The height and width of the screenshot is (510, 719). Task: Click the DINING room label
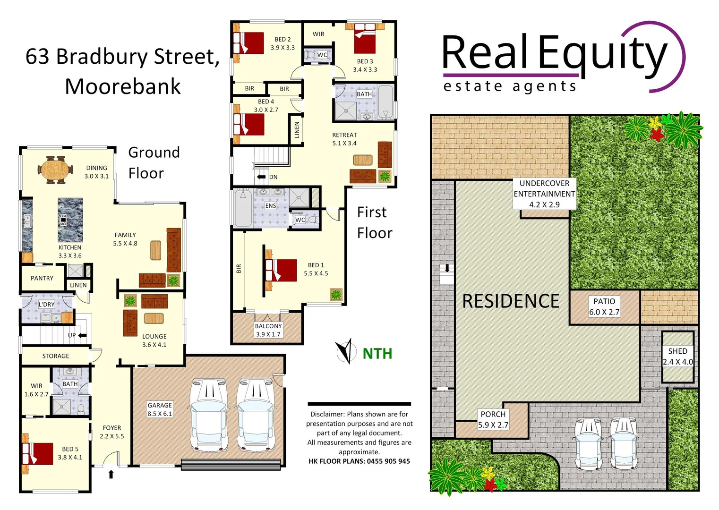coord(96,172)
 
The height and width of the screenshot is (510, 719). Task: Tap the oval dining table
coord(56,170)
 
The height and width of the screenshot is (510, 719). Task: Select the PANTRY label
coord(42,278)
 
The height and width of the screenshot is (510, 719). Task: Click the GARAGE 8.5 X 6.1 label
coord(160,409)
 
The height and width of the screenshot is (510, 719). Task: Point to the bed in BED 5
coord(38,454)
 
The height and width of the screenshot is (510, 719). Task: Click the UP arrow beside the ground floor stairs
coord(82,335)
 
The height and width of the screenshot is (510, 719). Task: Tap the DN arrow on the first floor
coord(261,177)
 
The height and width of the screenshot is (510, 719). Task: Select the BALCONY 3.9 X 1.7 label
coord(268,330)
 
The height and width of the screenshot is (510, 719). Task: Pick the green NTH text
coord(377,354)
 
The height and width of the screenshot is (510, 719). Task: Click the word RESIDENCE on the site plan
coord(511,301)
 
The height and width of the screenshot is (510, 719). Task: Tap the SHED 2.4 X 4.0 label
coord(677,357)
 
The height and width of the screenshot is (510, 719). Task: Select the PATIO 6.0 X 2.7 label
coord(604,306)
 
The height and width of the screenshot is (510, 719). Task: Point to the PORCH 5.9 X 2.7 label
coord(493,419)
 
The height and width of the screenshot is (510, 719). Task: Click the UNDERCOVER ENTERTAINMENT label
coord(544,194)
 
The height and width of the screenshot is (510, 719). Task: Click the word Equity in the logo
coord(603,54)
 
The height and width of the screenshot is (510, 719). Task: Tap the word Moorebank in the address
coord(123,86)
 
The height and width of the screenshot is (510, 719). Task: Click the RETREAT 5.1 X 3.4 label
coord(344,139)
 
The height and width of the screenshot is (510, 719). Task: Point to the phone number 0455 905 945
coord(388,461)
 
